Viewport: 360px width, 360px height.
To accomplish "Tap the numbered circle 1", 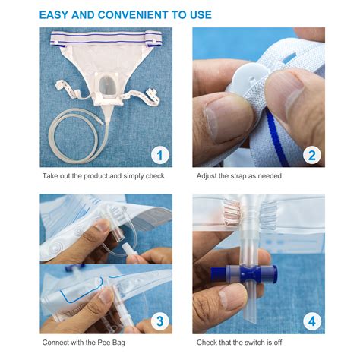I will [x=159, y=156].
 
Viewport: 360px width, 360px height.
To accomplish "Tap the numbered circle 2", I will [x=311, y=156].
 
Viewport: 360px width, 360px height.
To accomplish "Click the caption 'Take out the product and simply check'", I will [x=103, y=177].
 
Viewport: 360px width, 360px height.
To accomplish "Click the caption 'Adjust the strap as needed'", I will [x=239, y=177].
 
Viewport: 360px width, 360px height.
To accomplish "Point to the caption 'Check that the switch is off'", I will [x=243, y=343].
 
